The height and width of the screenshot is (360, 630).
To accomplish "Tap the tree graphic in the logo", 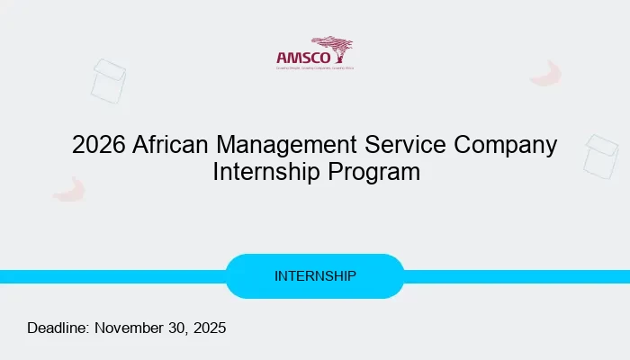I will coord(333,47).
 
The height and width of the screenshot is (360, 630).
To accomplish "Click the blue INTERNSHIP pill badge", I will coord(315,276).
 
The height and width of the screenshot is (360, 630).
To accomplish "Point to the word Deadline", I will coord(58,328).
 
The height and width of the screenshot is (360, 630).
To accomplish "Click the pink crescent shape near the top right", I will coord(546,75).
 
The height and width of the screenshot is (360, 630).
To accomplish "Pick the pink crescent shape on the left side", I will coord(68,189).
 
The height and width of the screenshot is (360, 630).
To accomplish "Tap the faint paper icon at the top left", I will coord(108,81).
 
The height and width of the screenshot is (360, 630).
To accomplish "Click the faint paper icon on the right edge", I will coord(600,156).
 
